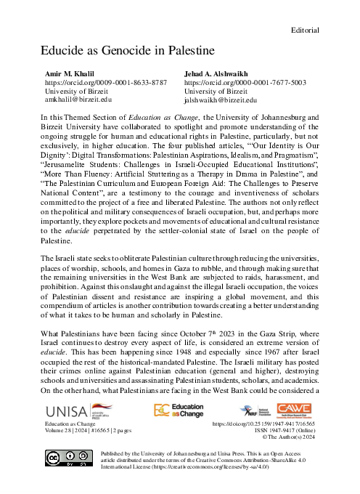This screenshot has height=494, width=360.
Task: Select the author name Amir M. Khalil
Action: [72, 75]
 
